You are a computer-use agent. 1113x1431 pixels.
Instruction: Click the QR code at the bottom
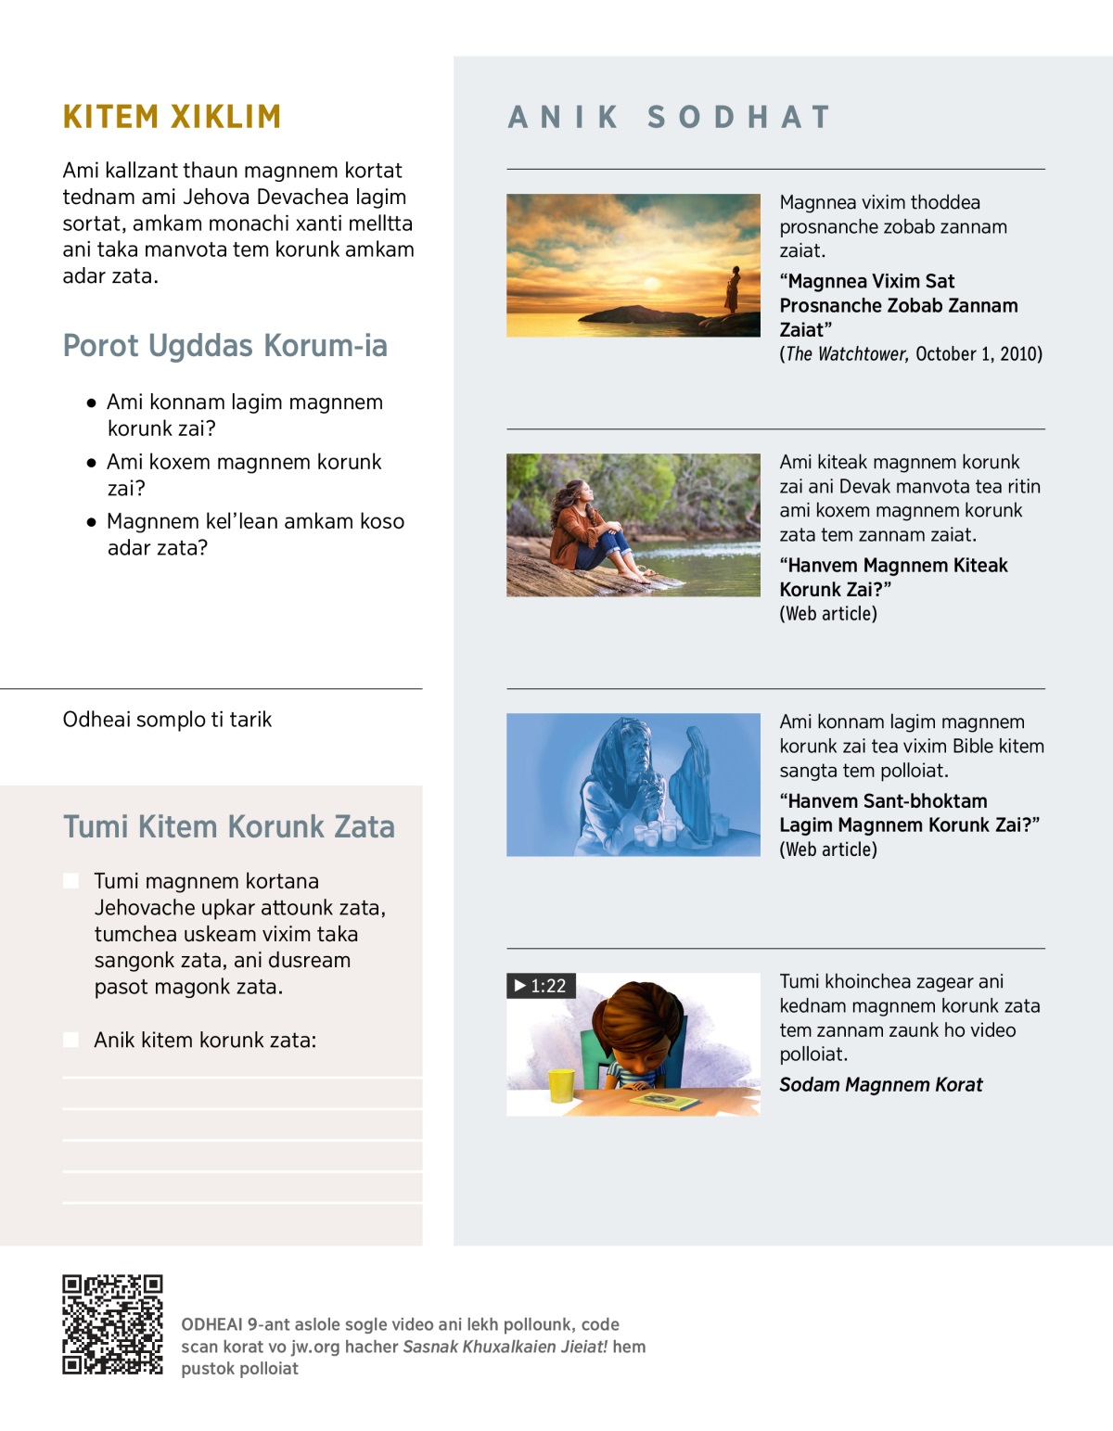click(x=112, y=1324)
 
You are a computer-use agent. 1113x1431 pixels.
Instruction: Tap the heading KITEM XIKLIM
click(x=172, y=117)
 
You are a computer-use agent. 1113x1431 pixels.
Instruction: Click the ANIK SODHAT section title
click(x=669, y=117)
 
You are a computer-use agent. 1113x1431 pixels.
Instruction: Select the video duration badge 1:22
click(x=541, y=986)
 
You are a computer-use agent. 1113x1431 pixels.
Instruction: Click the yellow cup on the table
click(x=560, y=1084)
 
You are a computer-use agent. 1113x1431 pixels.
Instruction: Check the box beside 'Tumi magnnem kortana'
click(x=71, y=881)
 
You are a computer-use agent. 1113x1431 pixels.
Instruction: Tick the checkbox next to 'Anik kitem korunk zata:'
click(x=71, y=1040)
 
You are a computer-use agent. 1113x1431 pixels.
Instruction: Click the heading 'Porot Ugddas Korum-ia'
click(x=225, y=346)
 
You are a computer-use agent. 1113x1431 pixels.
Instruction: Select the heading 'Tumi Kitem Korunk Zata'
click(x=229, y=826)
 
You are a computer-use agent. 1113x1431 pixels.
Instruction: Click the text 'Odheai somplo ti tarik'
click(x=167, y=720)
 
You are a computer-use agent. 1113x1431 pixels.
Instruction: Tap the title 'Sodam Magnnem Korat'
click(x=880, y=1085)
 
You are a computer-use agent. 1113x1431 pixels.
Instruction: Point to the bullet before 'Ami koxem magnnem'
click(x=91, y=463)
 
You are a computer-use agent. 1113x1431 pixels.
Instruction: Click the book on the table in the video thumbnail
click(x=664, y=1102)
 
